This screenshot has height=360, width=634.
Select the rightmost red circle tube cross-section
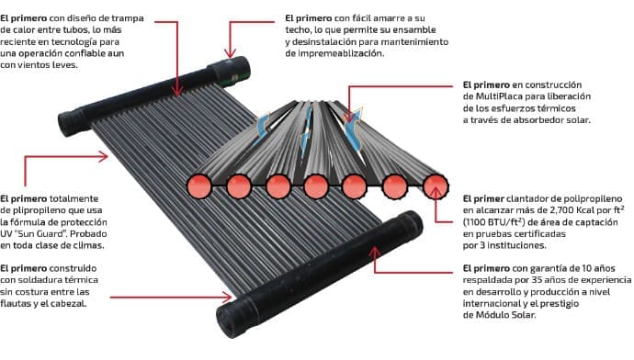tap(435, 186)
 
